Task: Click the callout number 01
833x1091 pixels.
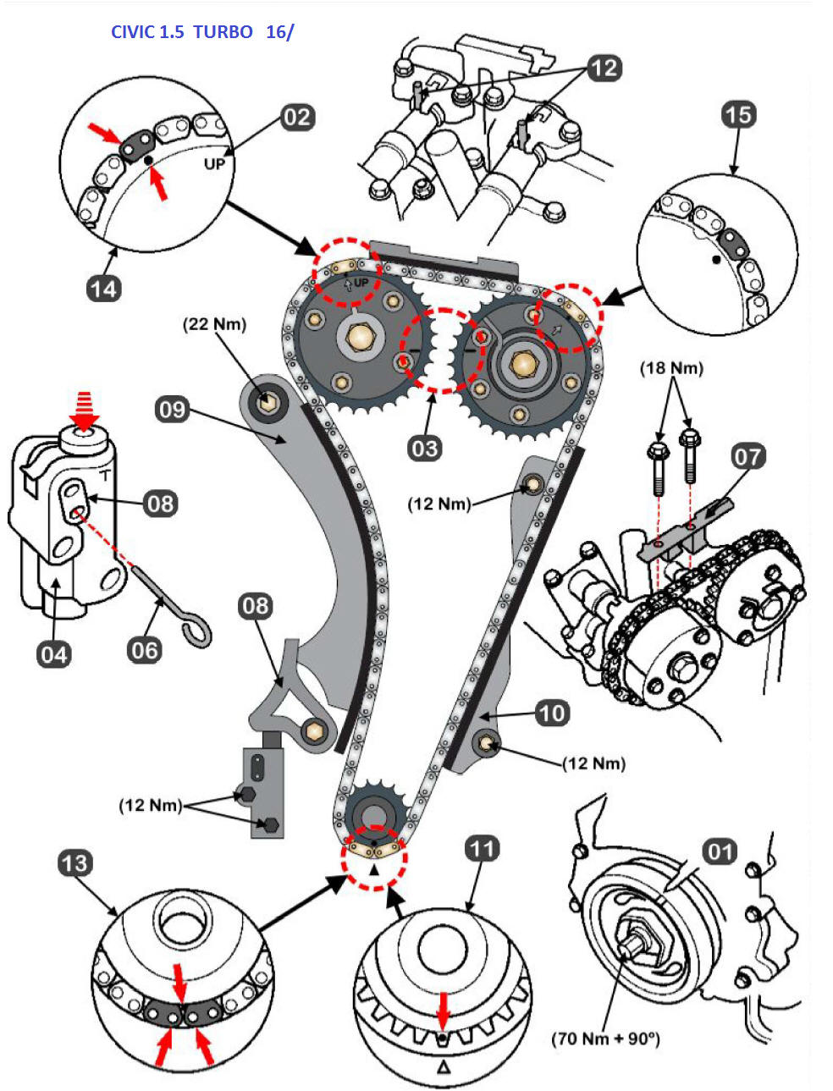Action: pyautogui.click(x=720, y=851)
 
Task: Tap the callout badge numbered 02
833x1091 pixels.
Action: pyautogui.click(x=297, y=117)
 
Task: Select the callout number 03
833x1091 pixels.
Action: pyautogui.click(x=424, y=447)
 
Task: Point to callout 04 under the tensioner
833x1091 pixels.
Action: pyautogui.click(x=53, y=653)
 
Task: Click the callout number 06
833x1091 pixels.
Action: pyautogui.click(x=144, y=650)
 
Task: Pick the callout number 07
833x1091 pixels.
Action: pyautogui.click(x=747, y=457)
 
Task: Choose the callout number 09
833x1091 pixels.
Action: pyautogui.click(x=172, y=411)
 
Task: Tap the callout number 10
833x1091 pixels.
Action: pyautogui.click(x=552, y=713)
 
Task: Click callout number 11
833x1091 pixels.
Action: pyautogui.click(x=482, y=848)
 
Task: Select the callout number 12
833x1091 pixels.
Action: pyautogui.click(x=604, y=68)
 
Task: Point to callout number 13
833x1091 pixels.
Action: pyautogui.click(x=74, y=863)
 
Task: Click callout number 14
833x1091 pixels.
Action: pyautogui.click(x=103, y=289)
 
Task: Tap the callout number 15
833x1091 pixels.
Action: pyautogui.click(x=738, y=114)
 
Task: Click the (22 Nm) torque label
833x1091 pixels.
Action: pyautogui.click(x=215, y=324)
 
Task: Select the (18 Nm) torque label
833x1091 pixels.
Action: pyautogui.click(x=672, y=368)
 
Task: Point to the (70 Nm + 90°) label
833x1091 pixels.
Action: pyautogui.click(x=605, y=1038)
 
